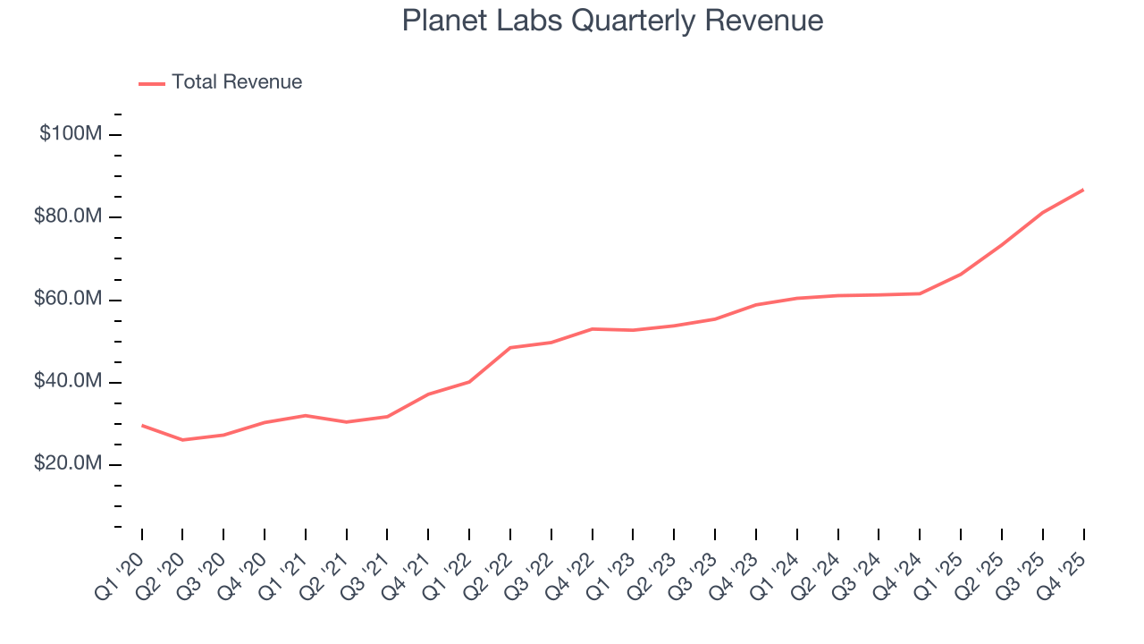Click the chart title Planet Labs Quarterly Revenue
[x=612, y=21]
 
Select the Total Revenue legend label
[x=237, y=82]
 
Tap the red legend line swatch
[x=152, y=83]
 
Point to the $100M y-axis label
[x=71, y=134]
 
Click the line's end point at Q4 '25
[x=1083, y=190]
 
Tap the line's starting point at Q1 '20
[x=142, y=425]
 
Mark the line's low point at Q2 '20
[x=182, y=440]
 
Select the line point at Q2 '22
[x=510, y=347]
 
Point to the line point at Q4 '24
[x=920, y=293]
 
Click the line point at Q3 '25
[x=1042, y=213]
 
